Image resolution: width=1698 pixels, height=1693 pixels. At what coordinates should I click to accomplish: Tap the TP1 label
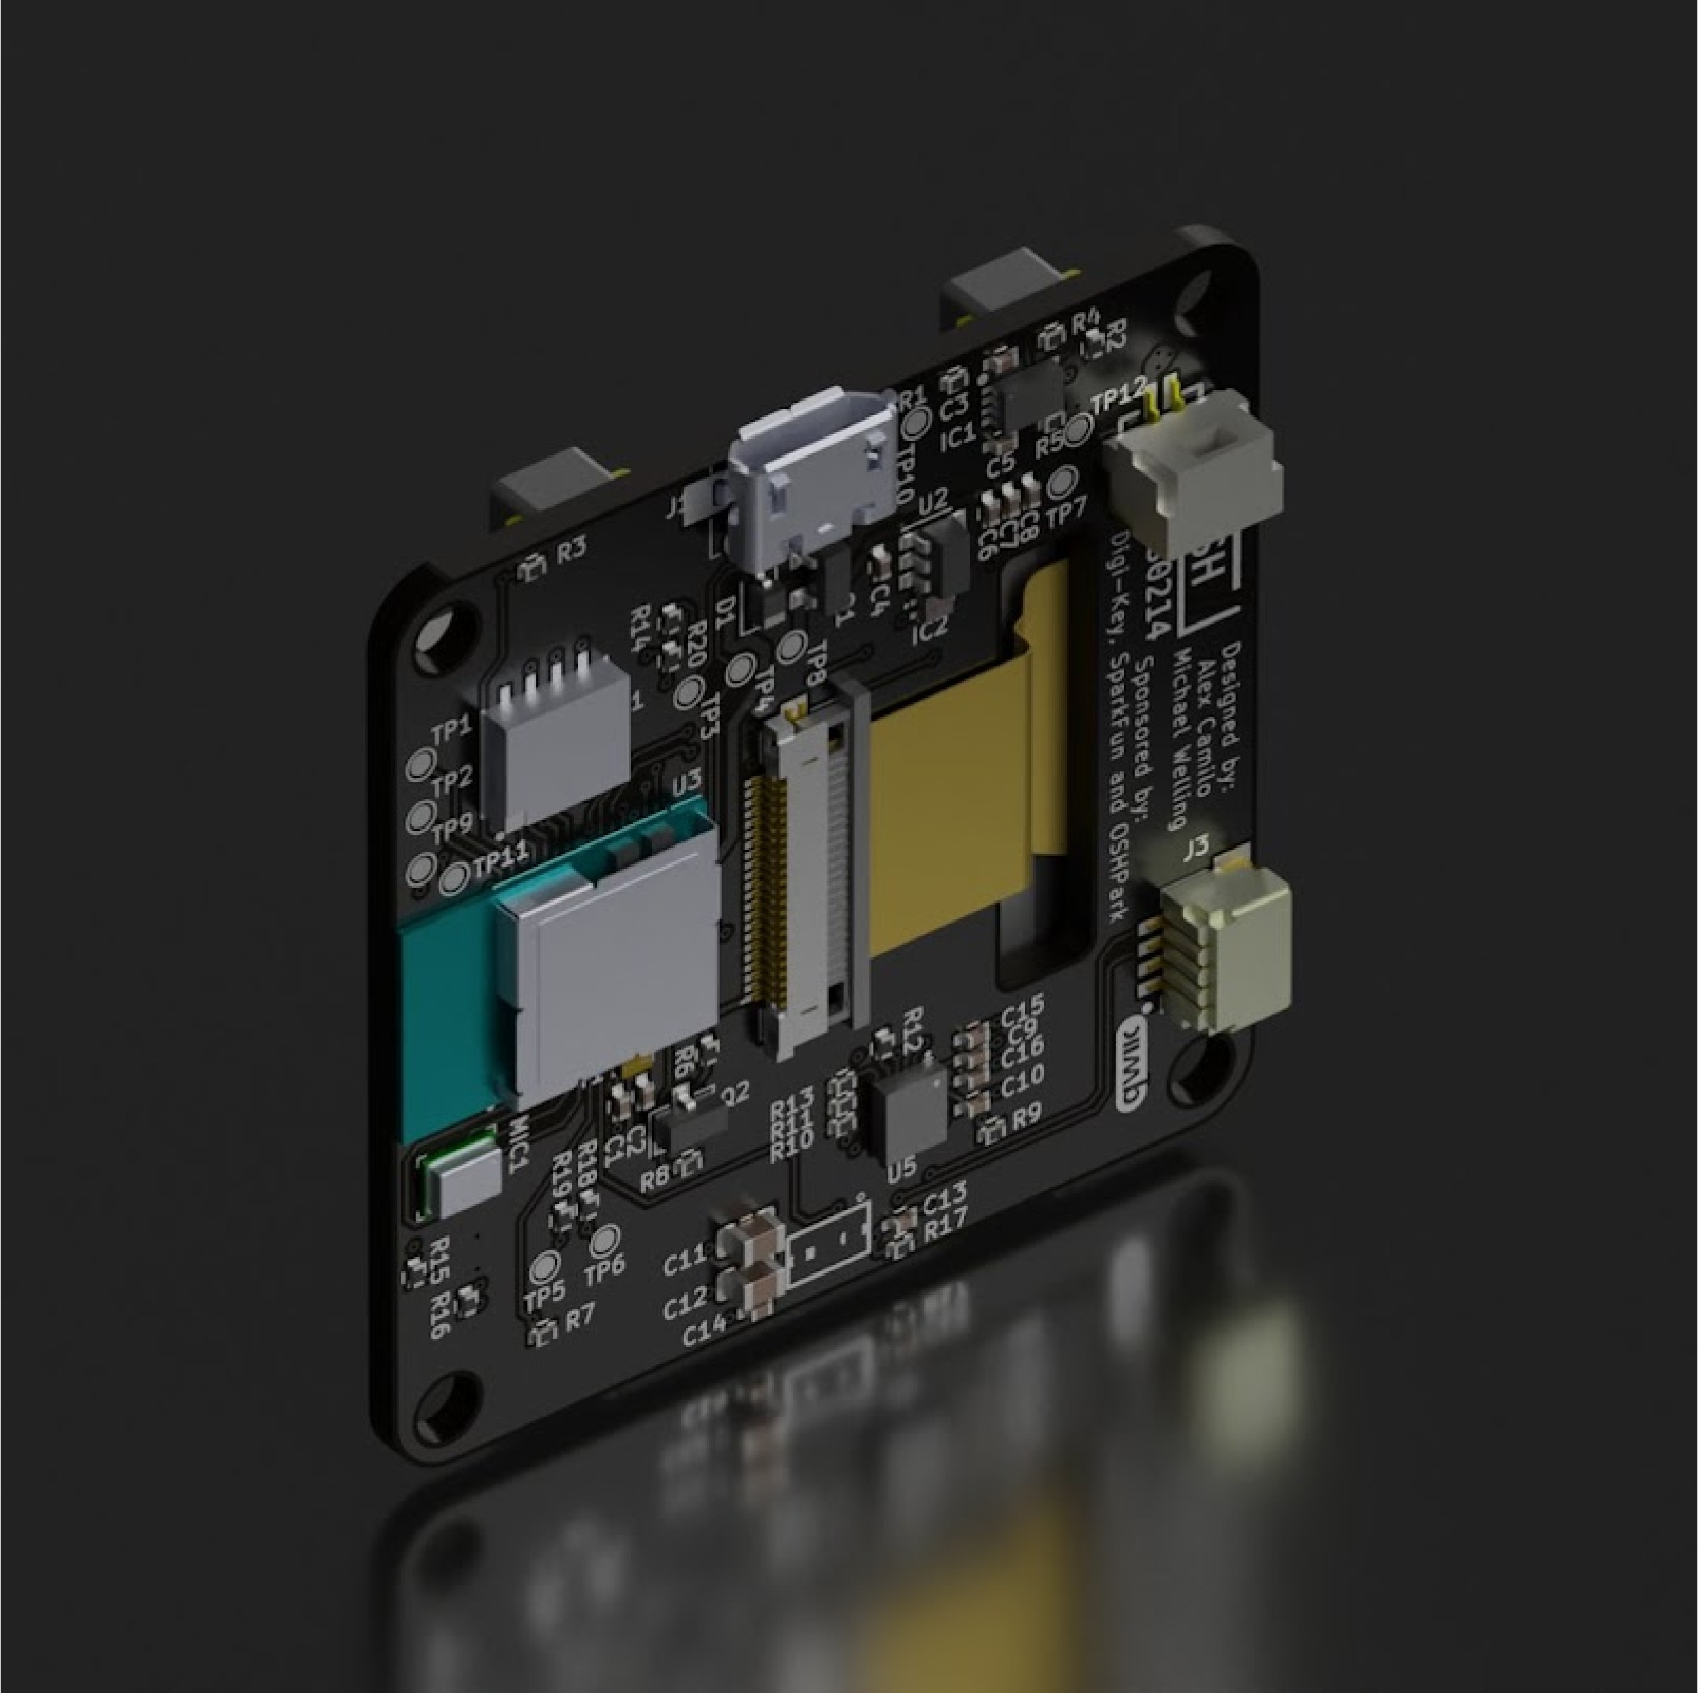pos(451,729)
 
